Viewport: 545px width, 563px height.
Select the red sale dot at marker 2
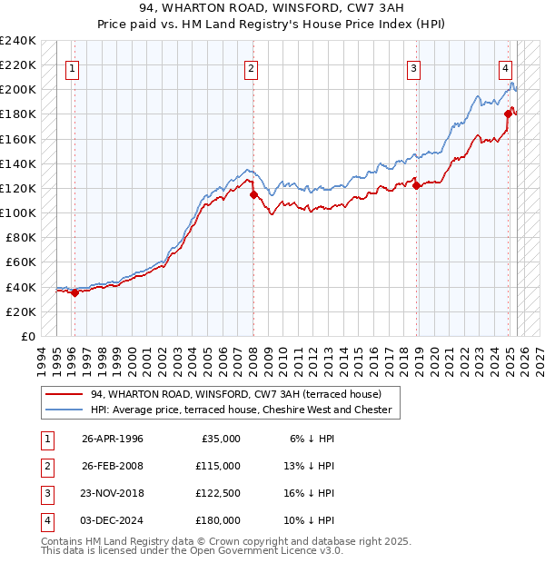pyautogui.click(x=253, y=194)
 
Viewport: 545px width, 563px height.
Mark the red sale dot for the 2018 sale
pyautogui.click(x=416, y=185)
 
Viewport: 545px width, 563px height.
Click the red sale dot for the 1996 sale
pyautogui.click(x=75, y=292)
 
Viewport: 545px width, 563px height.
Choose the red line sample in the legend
pyautogui.click(x=64, y=394)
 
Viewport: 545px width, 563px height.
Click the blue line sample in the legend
pyautogui.click(x=64, y=410)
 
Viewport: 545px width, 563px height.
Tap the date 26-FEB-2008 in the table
pyautogui.click(x=113, y=466)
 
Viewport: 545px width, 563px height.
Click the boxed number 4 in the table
pyautogui.click(x=45, y=520)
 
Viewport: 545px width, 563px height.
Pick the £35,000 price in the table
pyautogui.click(x=219, y=439)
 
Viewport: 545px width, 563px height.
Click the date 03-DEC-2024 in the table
pyautogui.click(x=113, y=520)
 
